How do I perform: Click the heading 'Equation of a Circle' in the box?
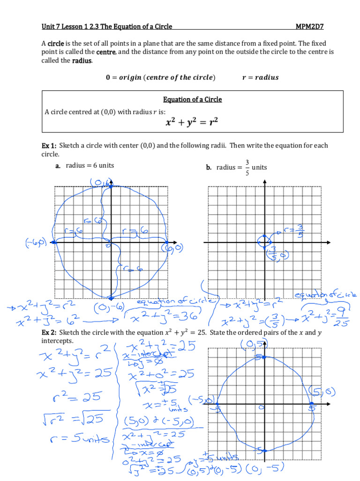[x=192, y=100]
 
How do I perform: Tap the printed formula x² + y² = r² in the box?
[x=192, y=123]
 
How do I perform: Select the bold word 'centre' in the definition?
[x=105, y=52]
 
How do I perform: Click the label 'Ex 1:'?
[x=49, y=146]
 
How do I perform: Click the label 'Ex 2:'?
[x=49, y=333]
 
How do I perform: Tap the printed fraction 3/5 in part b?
[x=247, y=167]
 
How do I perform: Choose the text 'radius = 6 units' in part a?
[x=90, y=165]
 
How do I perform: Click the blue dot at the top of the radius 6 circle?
[x=111, y=186]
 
